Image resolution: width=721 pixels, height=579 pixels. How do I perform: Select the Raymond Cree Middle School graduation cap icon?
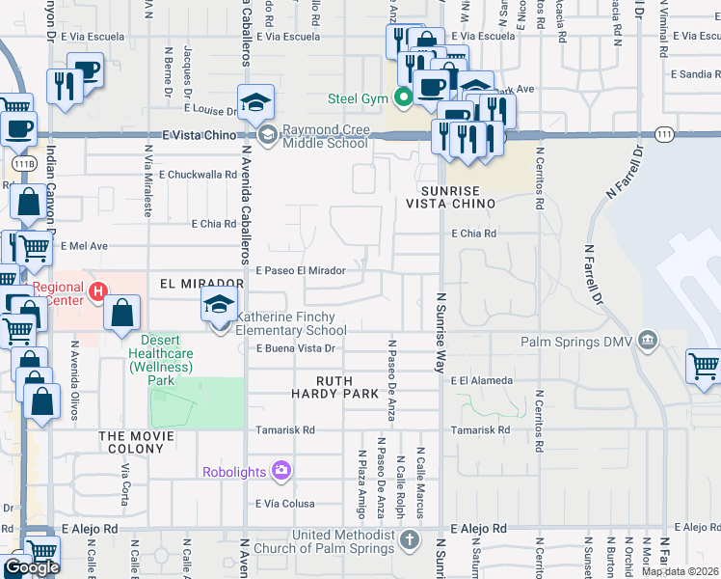256,102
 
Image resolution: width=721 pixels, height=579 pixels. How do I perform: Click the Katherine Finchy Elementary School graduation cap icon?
219,305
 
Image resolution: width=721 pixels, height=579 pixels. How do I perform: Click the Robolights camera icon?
281,471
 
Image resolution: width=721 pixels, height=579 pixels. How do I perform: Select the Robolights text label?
236,472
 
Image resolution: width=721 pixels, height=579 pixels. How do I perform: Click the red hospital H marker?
96,290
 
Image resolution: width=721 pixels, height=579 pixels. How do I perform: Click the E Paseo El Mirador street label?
300,271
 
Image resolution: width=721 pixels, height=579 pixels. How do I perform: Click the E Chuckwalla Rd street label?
198,175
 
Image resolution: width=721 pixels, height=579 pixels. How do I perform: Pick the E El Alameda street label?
482,381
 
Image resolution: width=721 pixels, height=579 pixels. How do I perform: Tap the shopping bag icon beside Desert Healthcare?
122,314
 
